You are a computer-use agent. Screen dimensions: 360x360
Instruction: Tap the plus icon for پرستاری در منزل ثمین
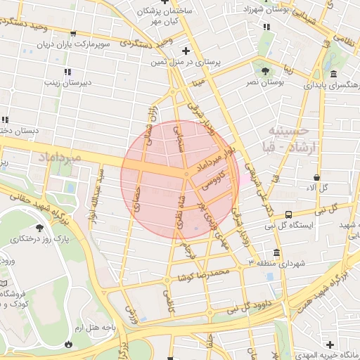point(186,51)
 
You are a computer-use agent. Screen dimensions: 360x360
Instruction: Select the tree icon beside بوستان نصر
point(265,71)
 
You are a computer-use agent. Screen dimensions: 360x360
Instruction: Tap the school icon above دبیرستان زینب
point(67,72)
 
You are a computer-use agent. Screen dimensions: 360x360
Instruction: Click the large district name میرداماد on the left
point(57,157)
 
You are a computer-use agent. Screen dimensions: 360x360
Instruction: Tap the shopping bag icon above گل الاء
point(319,177)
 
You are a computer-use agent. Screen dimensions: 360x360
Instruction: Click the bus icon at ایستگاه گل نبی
point(288,214)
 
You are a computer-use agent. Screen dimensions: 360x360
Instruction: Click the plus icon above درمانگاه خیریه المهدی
point(330,344)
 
